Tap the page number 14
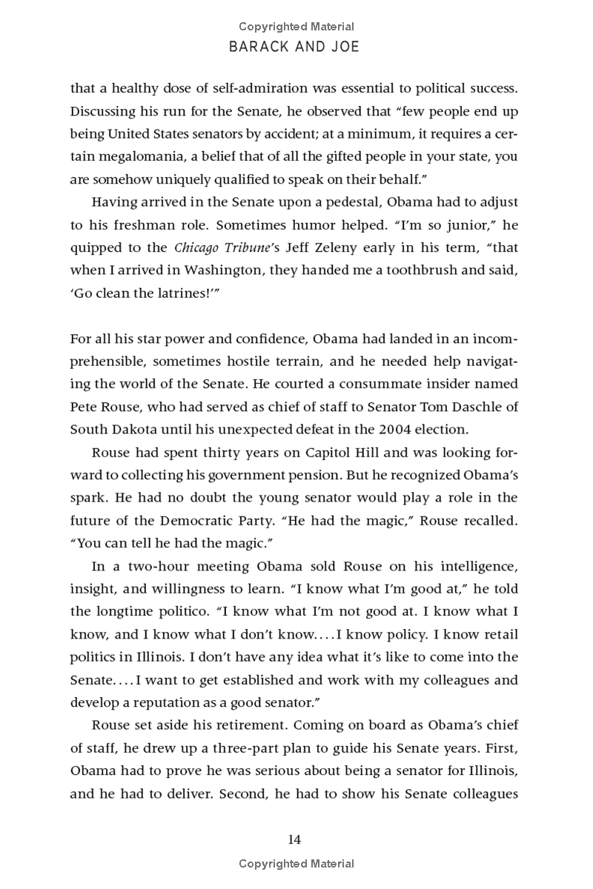pos(295,839)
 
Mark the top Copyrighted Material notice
pos(296,27)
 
